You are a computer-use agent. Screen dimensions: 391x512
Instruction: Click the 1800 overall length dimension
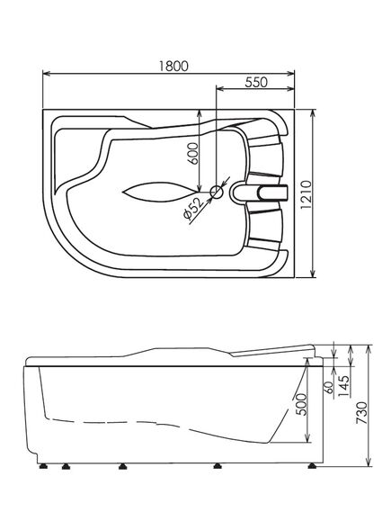(173, 66)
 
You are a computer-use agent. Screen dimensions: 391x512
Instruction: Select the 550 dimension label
(256, 82)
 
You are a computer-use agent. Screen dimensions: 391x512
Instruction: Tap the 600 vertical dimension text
(193, 154)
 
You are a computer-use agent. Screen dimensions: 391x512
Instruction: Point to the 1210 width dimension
(306, 195)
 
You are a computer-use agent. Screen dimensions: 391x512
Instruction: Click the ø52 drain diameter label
(193, 210)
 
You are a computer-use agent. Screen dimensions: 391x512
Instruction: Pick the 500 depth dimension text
(302, 404)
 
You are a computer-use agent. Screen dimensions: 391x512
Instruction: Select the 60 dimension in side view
(329, 387)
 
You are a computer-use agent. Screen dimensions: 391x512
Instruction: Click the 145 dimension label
(343, 386)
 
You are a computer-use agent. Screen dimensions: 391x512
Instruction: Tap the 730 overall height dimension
(361, 413)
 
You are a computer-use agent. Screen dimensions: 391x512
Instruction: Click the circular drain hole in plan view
(217, 192)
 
